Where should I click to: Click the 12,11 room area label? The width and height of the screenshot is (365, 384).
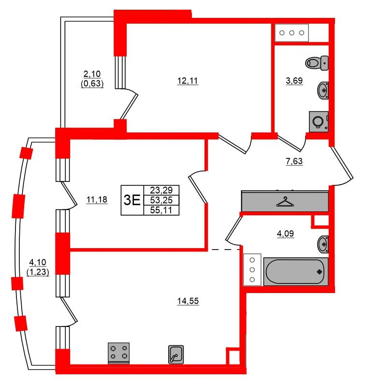click(188, 81)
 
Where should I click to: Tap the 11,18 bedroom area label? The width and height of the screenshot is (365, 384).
click(97, 200)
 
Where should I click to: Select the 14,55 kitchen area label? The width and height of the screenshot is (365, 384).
click(188, 301)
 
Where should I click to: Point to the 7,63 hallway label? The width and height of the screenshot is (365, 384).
click(294, 161)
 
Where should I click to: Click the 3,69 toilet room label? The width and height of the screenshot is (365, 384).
click(294, 80)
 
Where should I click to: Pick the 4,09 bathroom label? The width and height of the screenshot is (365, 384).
click(285, 234)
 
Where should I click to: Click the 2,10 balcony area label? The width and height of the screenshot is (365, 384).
click(92, 74)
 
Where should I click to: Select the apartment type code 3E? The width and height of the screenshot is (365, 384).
click(132, 200)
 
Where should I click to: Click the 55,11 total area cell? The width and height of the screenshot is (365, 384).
click(161, 210)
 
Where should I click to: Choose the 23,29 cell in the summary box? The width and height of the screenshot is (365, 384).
click(161, 190)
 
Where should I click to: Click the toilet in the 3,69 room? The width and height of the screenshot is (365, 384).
click(317, 63)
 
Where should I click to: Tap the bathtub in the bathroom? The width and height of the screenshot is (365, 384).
click(296, 271)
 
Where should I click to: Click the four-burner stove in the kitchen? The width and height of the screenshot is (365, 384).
click(119, 353)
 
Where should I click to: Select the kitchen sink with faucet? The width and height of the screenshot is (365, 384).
click(176, 354)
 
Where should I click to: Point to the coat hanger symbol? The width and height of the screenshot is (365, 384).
click(285, 202)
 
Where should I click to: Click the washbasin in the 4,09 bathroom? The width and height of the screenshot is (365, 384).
click(323, 244)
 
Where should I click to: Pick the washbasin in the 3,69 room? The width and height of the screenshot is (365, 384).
click(323, 90)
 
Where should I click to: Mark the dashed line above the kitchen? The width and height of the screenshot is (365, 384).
click(225, 250)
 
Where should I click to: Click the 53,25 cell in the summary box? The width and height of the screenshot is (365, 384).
click(161, 200)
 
